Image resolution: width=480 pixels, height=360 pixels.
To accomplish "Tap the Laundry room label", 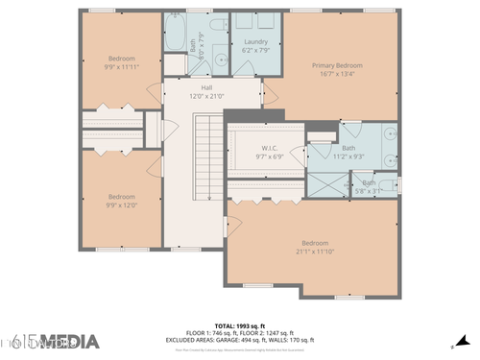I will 255,42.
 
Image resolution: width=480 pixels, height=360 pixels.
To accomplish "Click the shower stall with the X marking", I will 321,184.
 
